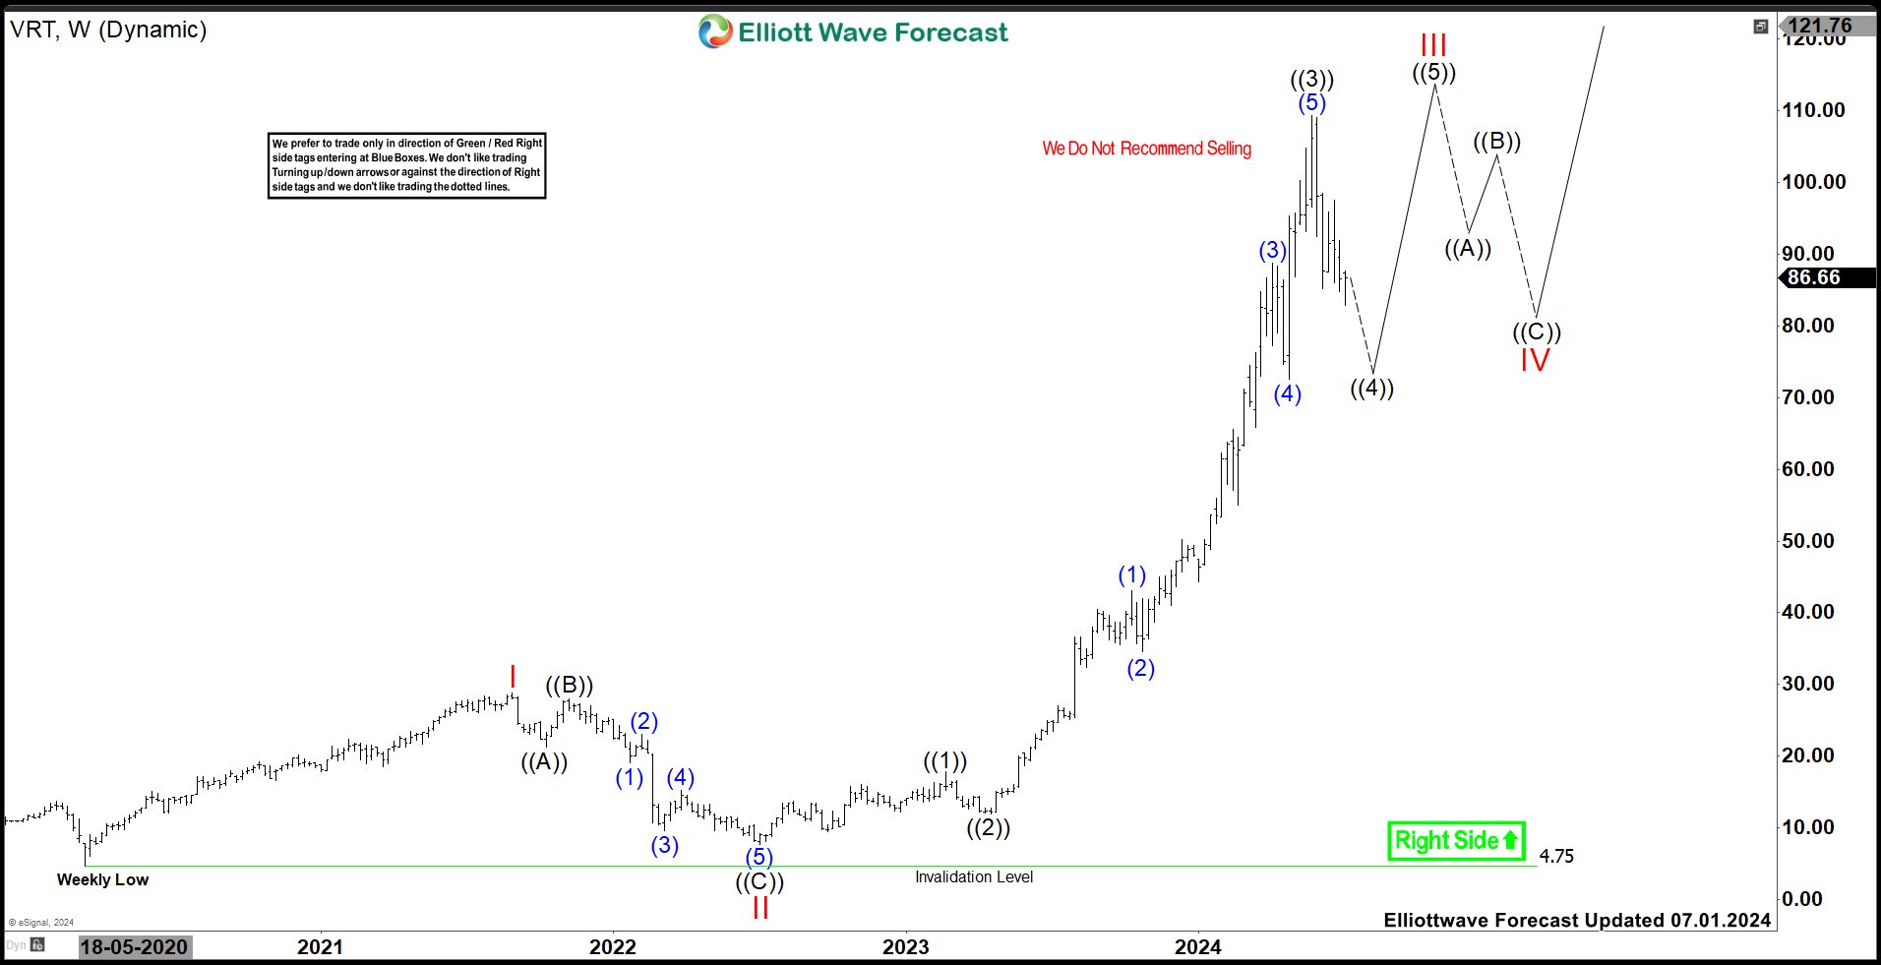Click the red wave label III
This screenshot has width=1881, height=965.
coord(1433,45)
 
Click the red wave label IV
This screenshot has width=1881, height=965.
coord(1535,360)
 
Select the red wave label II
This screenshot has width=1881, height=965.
coord(759,907)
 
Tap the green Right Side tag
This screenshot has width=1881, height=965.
coord(1456,841)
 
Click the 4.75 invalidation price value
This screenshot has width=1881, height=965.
coord(1556,856)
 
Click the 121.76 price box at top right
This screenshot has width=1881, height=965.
coord(1819,26)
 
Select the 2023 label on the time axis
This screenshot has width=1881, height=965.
coord(905,946)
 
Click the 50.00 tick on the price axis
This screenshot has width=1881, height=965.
coord(1808,540)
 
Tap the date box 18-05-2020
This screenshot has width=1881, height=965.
coord(134,946)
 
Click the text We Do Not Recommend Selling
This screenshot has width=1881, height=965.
coord(1146,149)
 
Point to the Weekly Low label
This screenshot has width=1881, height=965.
coord(102,879)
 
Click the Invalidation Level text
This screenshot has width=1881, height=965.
coord(974,876)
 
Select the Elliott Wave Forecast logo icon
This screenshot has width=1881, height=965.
coord(715,31)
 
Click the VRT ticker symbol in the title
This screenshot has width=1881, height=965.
coord(31,30)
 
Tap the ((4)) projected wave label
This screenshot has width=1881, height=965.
coord(1371,388)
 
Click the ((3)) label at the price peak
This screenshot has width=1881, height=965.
coord(1311,79)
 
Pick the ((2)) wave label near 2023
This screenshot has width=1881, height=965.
coord(988,827)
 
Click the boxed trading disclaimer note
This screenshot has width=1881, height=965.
coord(406,165)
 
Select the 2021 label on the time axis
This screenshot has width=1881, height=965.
coord(320,946)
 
